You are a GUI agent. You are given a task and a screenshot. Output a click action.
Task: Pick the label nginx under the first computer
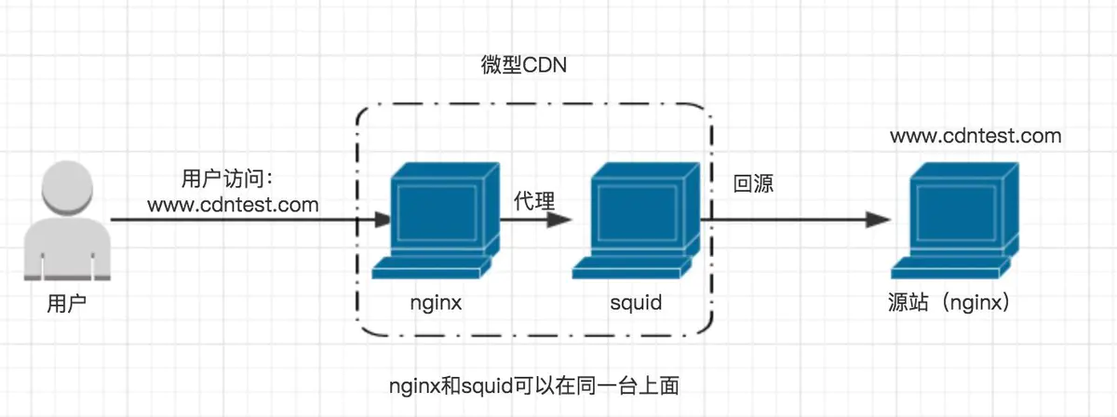(436, 303)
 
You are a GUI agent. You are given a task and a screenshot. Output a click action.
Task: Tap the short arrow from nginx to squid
(535, 221)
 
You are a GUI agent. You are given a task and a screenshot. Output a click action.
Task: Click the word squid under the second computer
(636, 303)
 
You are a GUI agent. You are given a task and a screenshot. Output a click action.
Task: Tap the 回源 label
(753, 183)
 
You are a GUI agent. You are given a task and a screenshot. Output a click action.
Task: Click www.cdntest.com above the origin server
(975, 136)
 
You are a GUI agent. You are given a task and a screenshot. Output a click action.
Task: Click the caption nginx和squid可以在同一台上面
(539, 383)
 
